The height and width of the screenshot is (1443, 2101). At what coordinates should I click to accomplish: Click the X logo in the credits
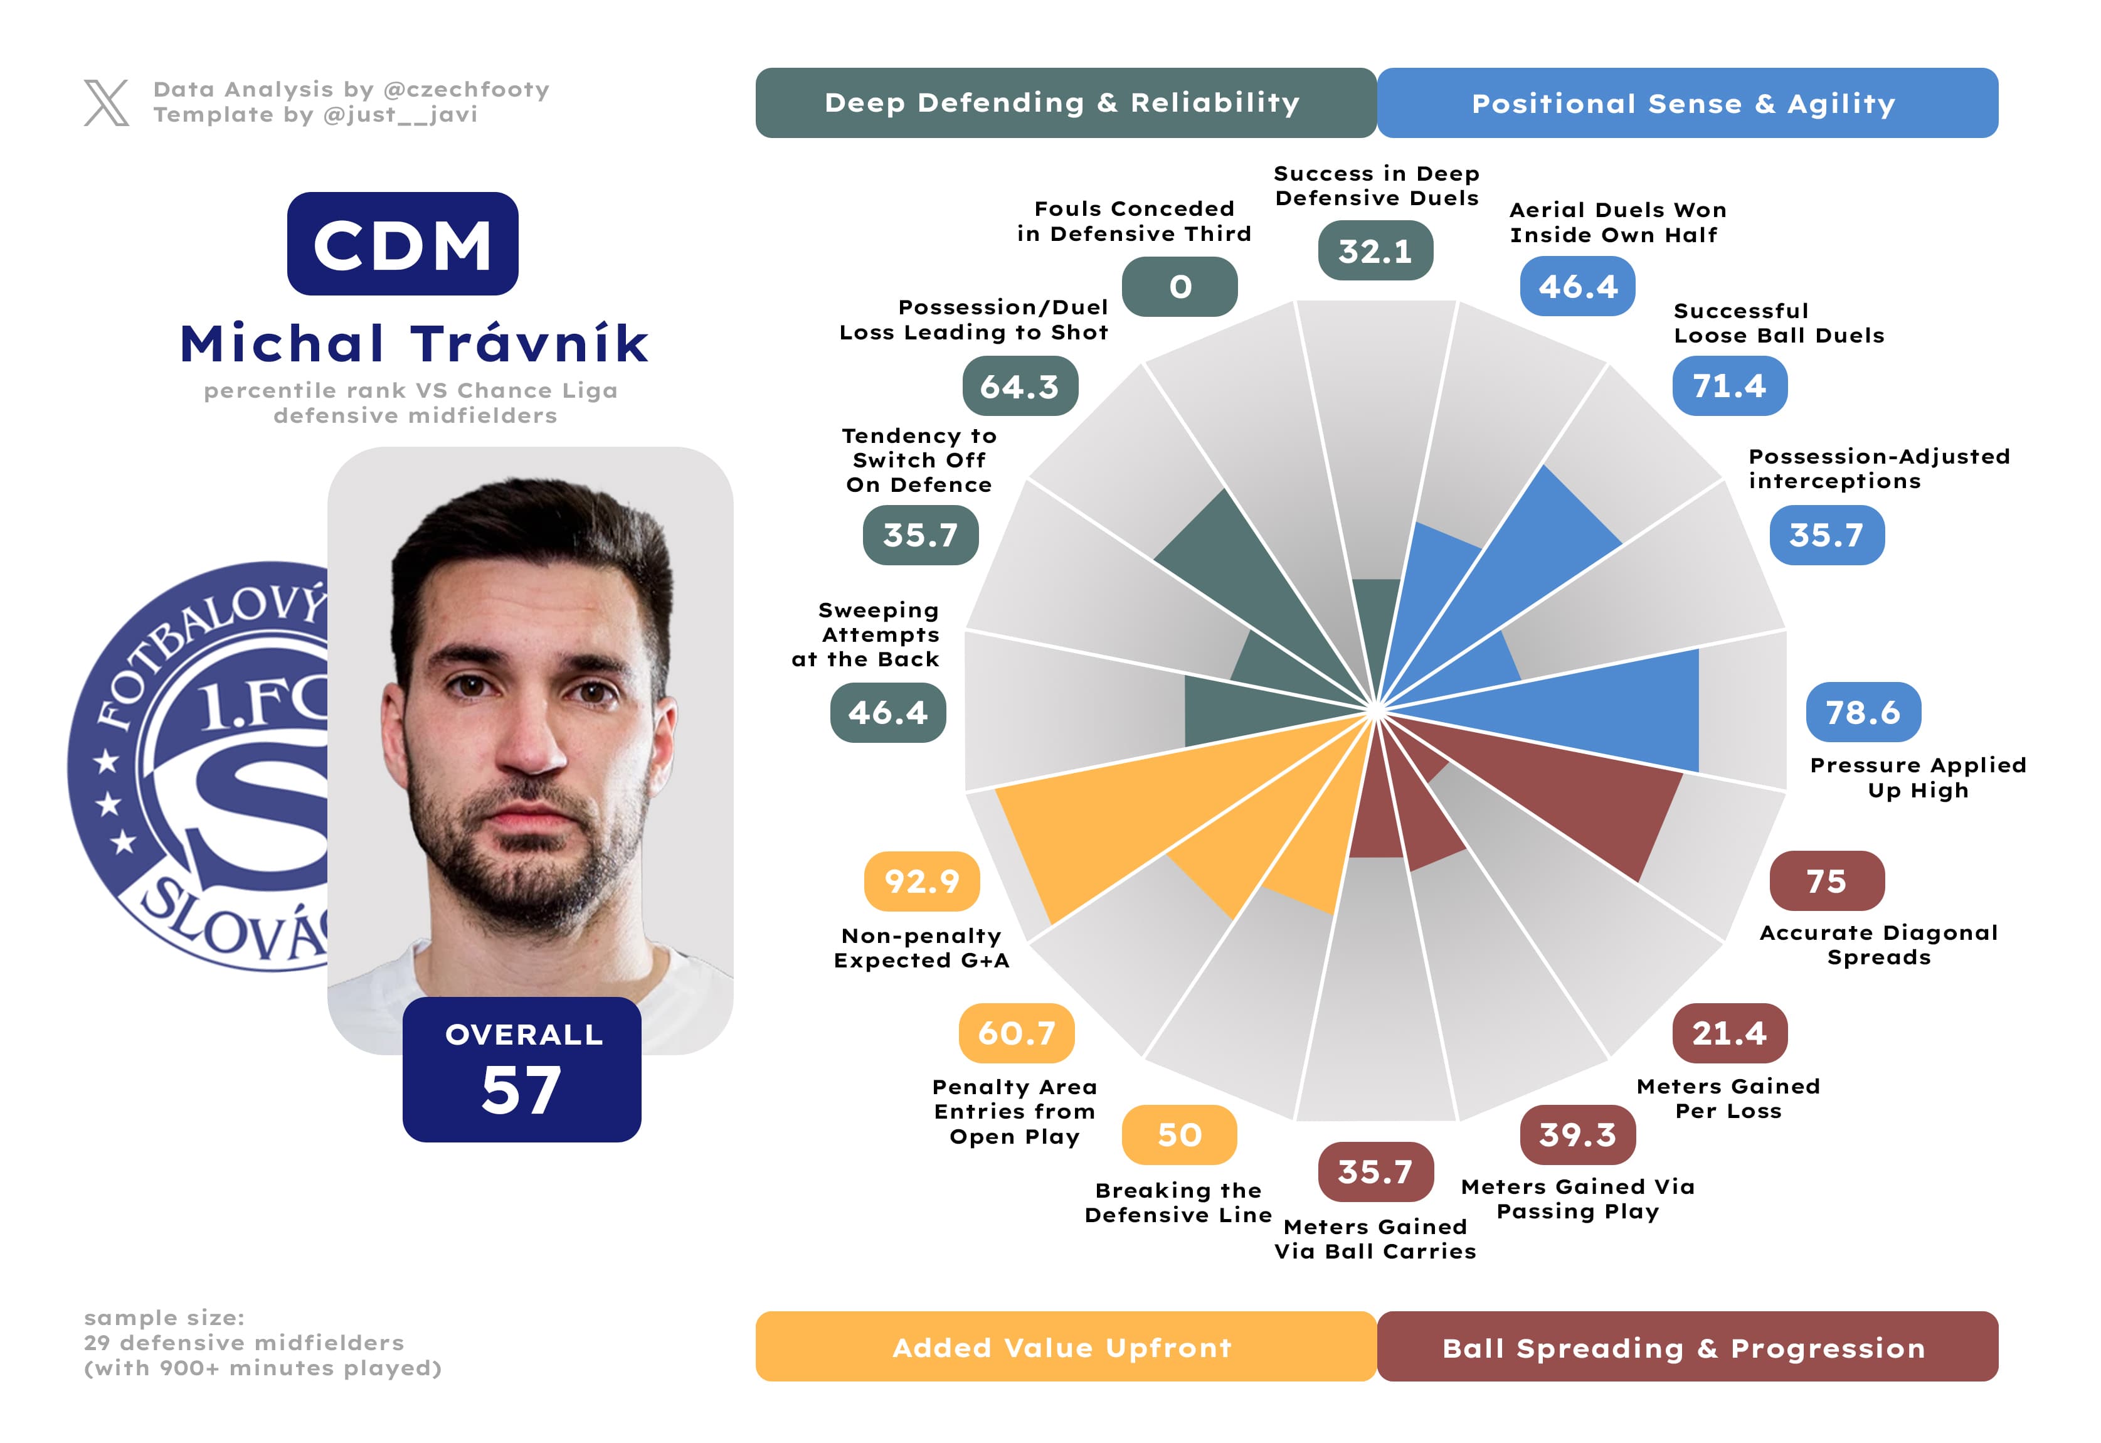[107, 102]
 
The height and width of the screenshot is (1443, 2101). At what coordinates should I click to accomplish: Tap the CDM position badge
[402, 244]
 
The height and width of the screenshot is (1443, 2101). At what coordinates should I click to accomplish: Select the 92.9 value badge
[921, 881]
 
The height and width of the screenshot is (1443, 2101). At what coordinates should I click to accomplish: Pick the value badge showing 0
[1179, 287]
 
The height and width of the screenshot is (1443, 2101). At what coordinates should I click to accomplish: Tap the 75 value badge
[1826, 881]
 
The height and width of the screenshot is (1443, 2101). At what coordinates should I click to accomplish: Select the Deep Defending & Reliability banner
[1065, 103]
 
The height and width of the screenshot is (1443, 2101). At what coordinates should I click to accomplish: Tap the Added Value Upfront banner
[1065, 1347]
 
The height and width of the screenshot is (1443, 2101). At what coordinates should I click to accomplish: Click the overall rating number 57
[522, 1090]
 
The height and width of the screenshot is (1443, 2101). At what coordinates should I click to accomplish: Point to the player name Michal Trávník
[414, 344]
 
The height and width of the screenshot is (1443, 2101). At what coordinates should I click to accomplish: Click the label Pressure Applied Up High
[1917, 777]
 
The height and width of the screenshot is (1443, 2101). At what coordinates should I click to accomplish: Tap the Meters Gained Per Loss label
[1728, 1099]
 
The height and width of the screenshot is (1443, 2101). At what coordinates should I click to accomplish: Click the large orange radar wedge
[1130, 814]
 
